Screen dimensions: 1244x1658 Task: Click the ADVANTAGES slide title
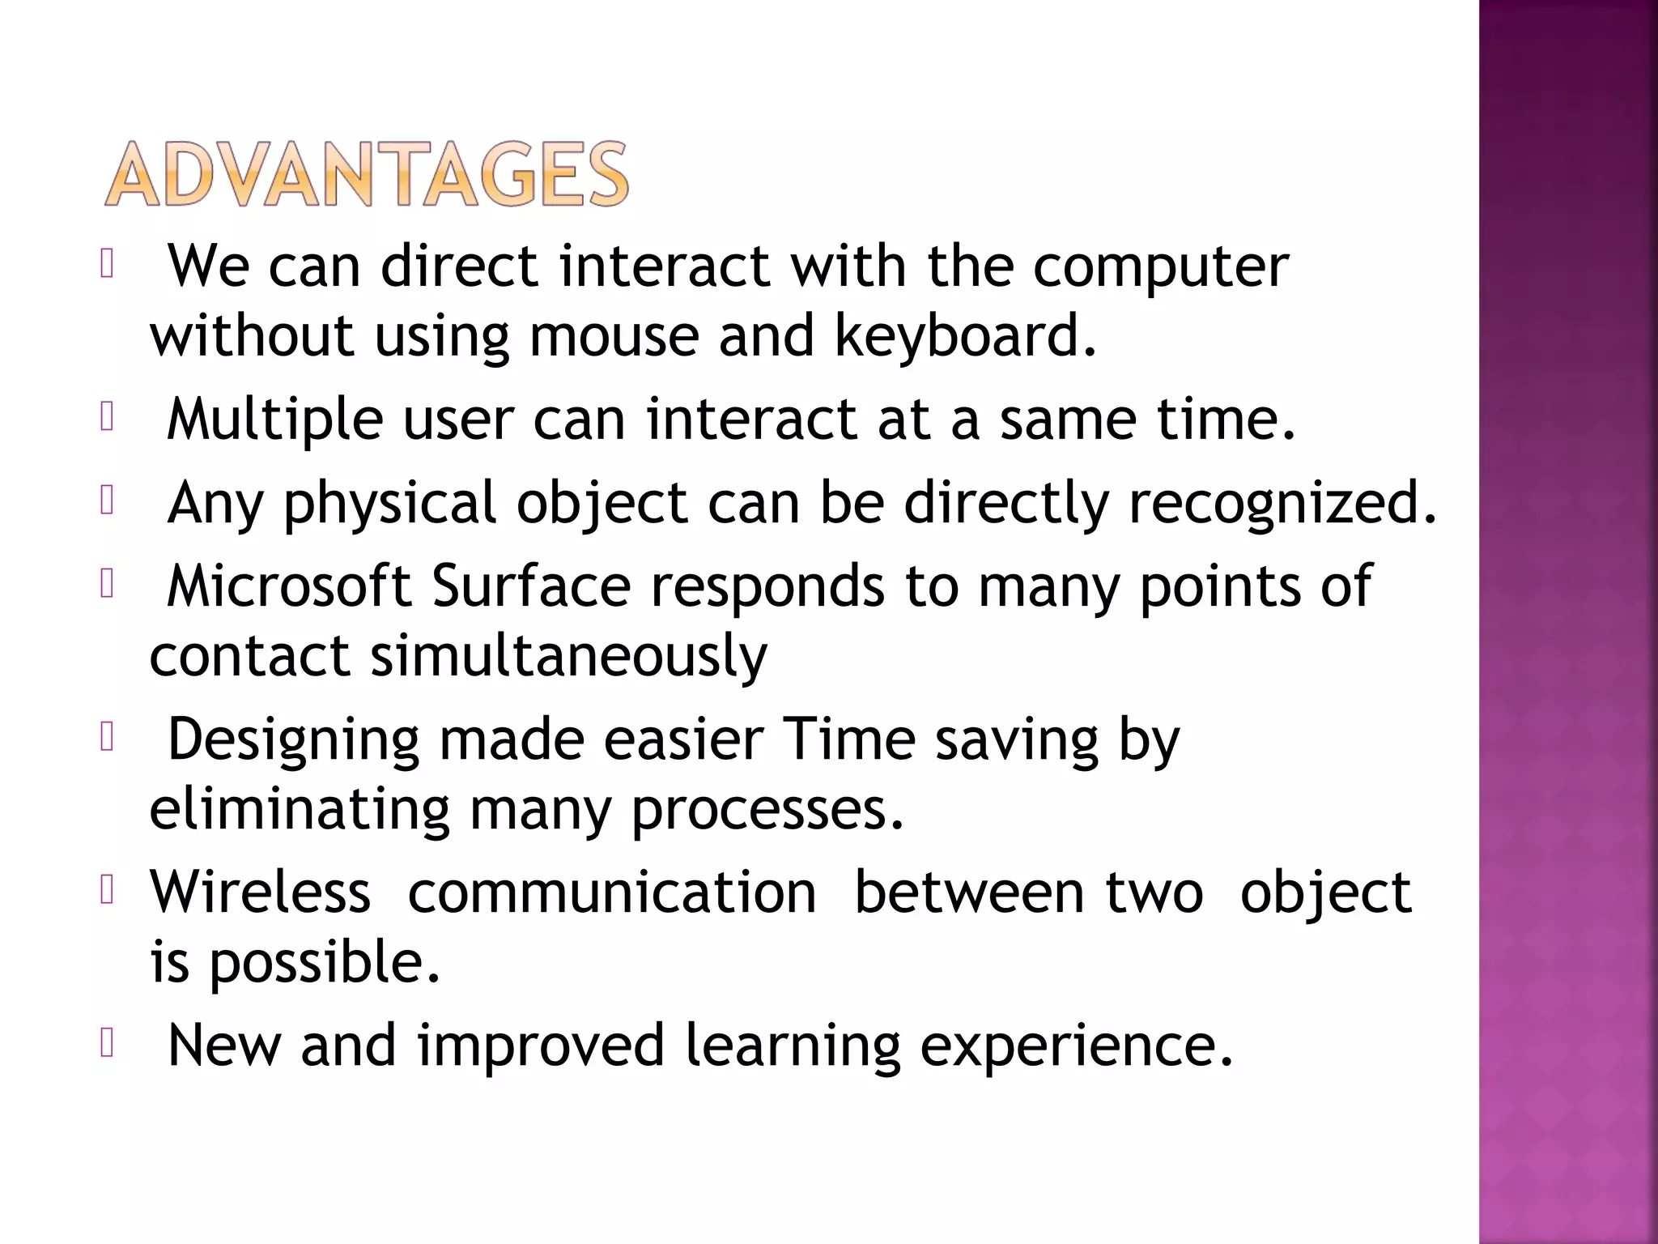pyautogui.click(x=366, y=174)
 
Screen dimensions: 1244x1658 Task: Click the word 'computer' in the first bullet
pyautogui.click(x=1160, y=267)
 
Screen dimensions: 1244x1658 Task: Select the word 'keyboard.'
pyautogui.click(x=966, y=336)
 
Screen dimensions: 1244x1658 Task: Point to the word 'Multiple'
pyautogui.click(x=274, y=420)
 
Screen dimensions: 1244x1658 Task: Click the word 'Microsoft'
pyautogui.click(x=289, y=586)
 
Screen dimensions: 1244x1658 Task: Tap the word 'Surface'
pyautogui.click(x=531, y=586)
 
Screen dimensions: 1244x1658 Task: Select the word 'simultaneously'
pyautogui.click(x=568, y=656)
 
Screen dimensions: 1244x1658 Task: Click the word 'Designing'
pyautogui.click(x=293, y=740)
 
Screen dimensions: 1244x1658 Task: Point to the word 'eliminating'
pyautogui.click(x=300, y=809)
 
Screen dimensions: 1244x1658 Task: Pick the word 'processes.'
pyautogui.click(x=767, y=809)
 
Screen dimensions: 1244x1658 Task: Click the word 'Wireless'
pyautogui.click(x=260, y=893)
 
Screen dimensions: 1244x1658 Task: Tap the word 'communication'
pyautogui.click(x=612, y=893)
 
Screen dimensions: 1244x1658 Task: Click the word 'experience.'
pyautogui.click(x=1077, y=1046)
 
